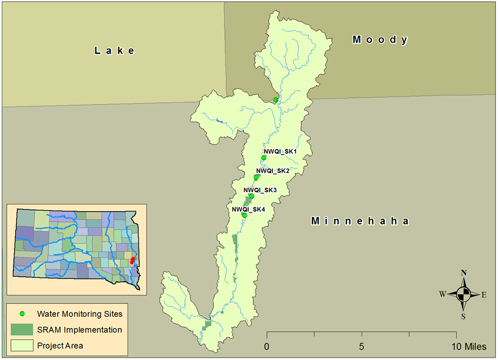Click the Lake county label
tap(114, 50)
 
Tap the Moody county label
tap(380, 40)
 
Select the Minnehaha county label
tap(359, 221)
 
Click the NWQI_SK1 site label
tap(280, 151)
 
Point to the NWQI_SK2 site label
tap(272, 171)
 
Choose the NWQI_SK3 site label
tap(260, 190)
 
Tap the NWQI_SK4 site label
tap(249, 209)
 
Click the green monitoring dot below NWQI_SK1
tap(264, 157)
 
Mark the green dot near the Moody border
tap(275, 100)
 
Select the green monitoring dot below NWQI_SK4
tap(244, 215)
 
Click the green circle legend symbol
tap(22, 314)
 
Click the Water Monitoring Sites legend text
tap(80, 314)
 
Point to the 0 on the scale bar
tap(266, 347)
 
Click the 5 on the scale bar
tap(362, 347)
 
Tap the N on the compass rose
tap(464, 272)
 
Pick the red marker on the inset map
tap(132, 260)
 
